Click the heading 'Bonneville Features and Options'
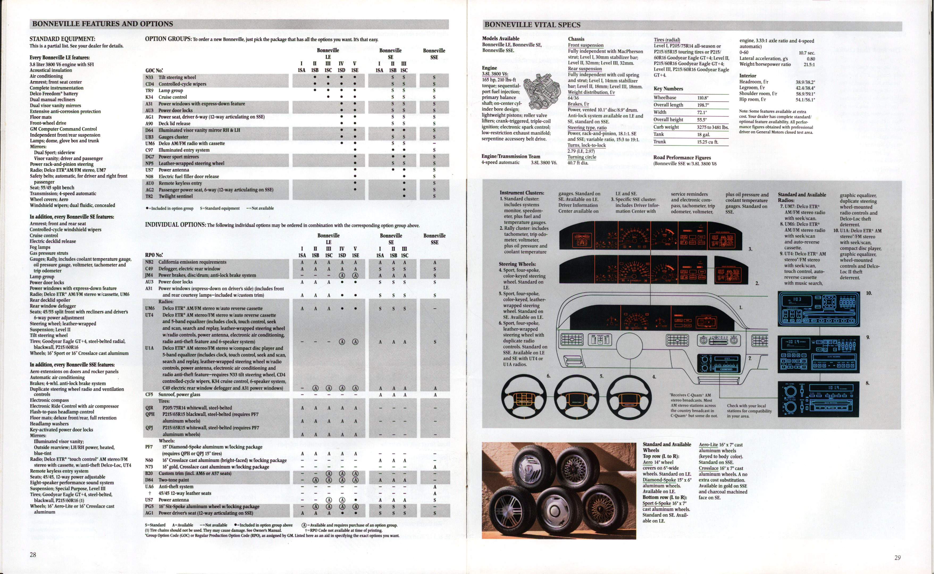coord(103,24)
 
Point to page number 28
coord(33,555)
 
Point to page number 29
coord(898,558)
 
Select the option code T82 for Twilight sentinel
coord(149,196)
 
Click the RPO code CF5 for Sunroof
coord(149,395)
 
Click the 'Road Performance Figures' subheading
coord(682,158)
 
